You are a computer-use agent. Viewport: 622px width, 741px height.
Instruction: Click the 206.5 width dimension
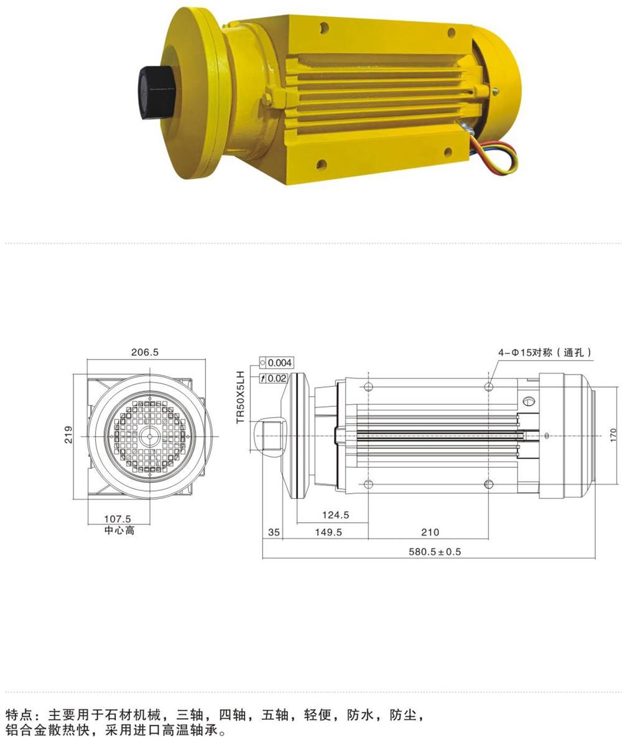(145, 352)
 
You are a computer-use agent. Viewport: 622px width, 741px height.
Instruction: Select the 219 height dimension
(69, 435)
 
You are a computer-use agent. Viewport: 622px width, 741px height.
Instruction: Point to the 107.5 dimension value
(118, 519)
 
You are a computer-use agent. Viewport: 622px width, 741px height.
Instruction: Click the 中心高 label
(119, 530)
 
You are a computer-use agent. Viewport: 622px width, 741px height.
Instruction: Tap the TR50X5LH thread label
(241, 397)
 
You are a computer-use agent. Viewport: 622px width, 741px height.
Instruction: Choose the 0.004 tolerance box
(276, 363)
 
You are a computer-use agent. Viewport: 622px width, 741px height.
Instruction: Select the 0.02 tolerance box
(274, 378)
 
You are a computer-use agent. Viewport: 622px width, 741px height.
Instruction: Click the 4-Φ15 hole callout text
(545, 352)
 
